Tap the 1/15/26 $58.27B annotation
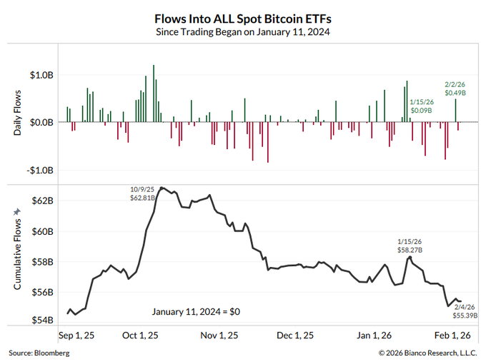pos(410,246)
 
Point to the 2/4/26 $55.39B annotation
pos(465,311)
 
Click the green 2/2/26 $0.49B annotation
pos(455,89)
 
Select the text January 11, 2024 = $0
pos(195,311)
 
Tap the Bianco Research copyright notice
pos(428,353)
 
